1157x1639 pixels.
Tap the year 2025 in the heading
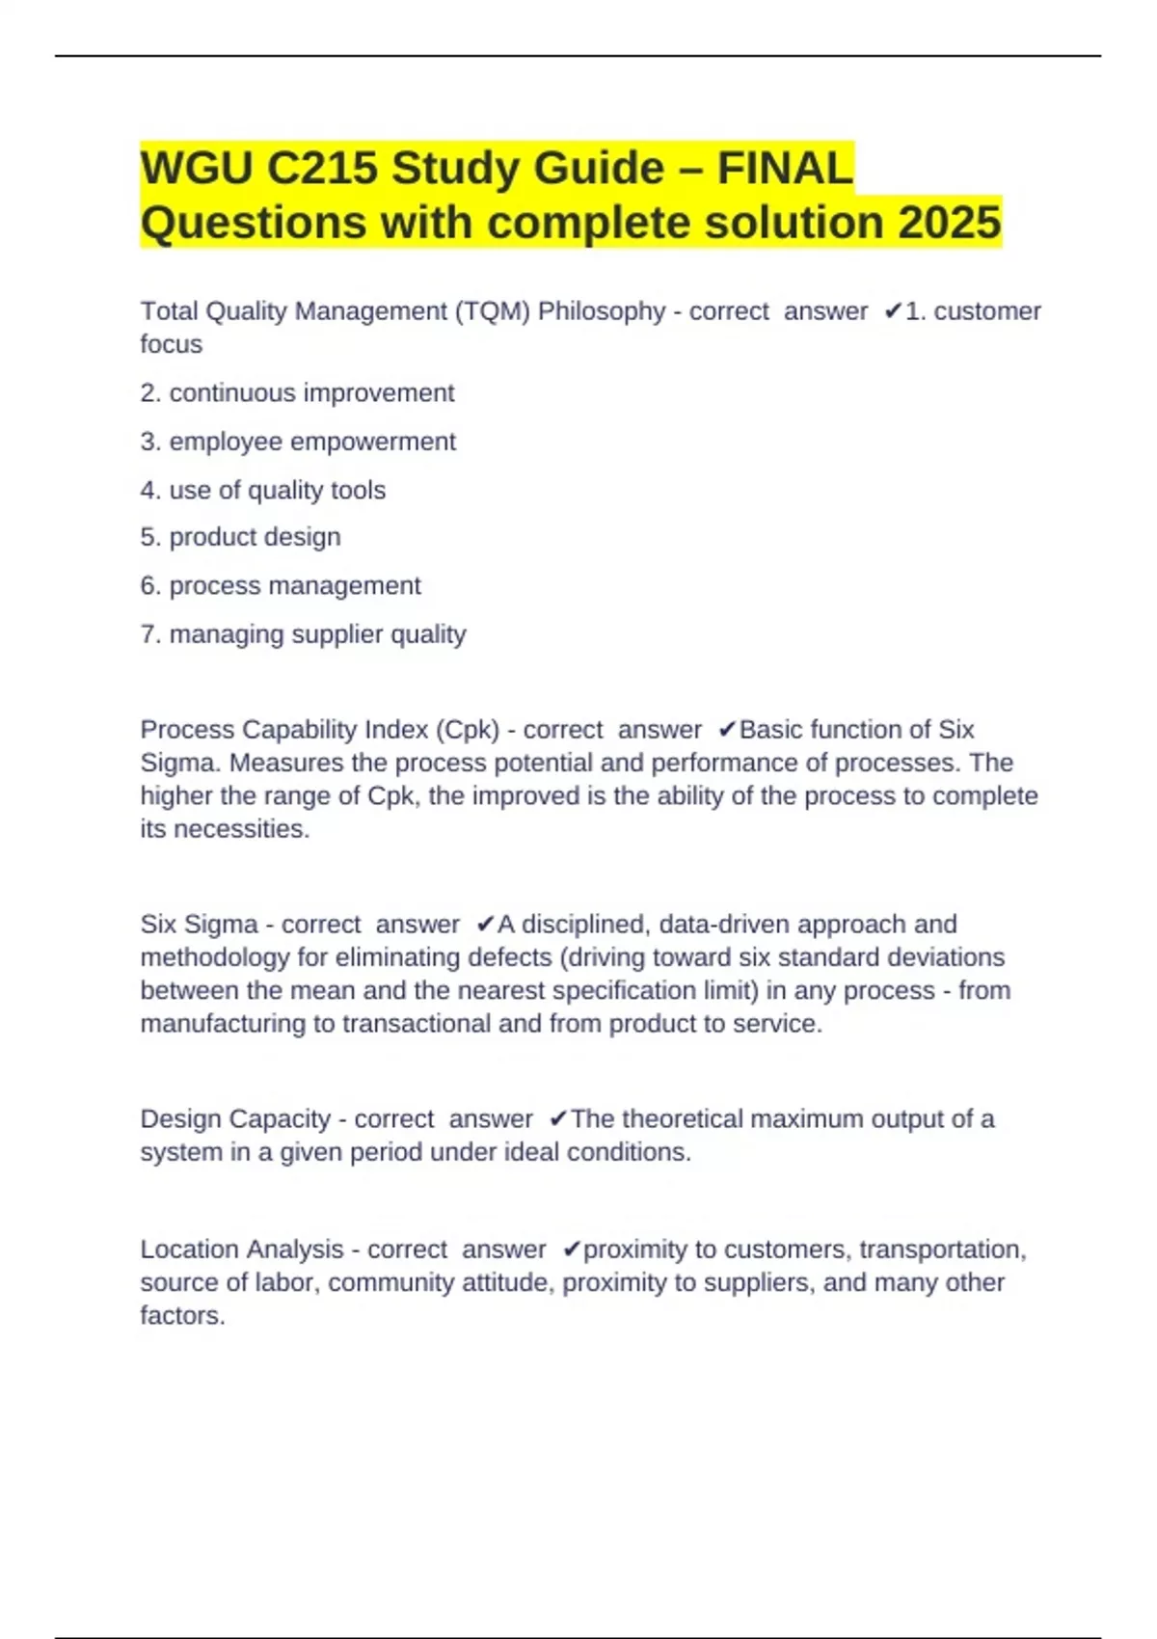click(x=950, y=223)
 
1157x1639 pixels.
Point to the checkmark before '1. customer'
click(x=892, y=311)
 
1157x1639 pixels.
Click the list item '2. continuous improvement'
click(x=297, y=393)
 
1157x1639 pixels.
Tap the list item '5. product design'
click(x=240, y=537)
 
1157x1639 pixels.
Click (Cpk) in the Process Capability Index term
click(x=468, y=730)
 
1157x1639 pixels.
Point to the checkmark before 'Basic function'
click(x=727, y=730)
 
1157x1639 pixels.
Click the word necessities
click(x=241, y=829)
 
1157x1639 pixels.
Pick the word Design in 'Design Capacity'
click(x=181, y=1119)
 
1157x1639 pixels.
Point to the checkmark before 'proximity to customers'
click(x=571, y=1249)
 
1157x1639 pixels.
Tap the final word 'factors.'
click(x=182, y=1316)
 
